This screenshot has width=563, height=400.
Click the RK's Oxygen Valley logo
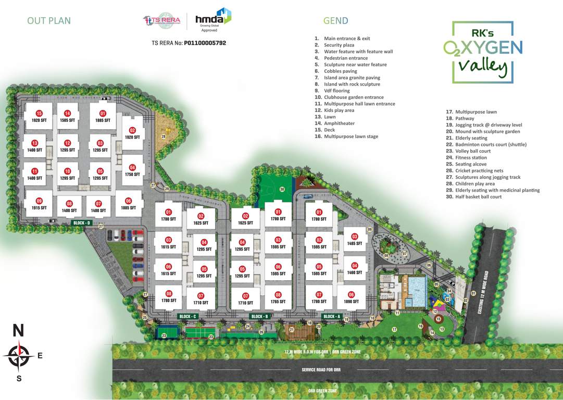pyautogui.click(x=483, y=52)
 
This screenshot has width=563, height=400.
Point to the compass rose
pyautogui.click(x=19, y=355)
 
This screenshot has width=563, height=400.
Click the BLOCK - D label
pyautogui.click(x=82, y=222)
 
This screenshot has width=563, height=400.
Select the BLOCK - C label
pyautogui.click(x=187, y=316)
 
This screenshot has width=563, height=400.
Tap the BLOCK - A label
pyautogui.click(x=332, y=316)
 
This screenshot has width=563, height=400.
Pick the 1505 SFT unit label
pyautogui.click(x=67, y=120)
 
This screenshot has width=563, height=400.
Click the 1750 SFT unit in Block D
pyautogui.click(x=132, y=174)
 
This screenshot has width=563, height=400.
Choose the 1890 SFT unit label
pyautogui.click(x=351, y=301)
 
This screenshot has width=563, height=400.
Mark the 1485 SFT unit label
pyautogui.click(x=354, y=243)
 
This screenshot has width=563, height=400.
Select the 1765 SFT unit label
pyautogui.click(x=278, y=301)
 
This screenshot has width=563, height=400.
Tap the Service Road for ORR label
pyautogui.click(x=321, y=370)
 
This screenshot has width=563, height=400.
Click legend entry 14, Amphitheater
pyautogui.click(x=339, y=123)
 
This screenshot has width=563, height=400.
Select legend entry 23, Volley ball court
pyautogui.click(x=472, y=151)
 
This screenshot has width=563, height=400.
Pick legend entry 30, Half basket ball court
pyautogui.click(x=478, y=197)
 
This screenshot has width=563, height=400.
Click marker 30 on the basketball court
pyautogui.click(x=282, y=189)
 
